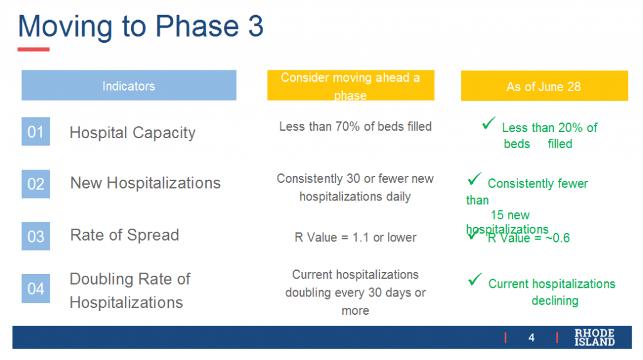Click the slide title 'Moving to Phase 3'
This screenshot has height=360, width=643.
[x=141, y=26]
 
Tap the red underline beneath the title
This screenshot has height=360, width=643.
[x=33, y=49]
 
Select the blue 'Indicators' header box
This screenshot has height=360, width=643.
[x=129, y=85]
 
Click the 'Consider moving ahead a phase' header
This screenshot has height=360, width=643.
[x=350, y=85]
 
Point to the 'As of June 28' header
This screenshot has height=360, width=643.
[x=544, y=87]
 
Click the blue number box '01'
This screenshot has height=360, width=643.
[x=36, y=132]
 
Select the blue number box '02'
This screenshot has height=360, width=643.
[x=36, y=183]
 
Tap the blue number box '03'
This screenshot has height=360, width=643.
[x=36, y=236]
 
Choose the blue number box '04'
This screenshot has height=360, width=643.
[x=36, y=289]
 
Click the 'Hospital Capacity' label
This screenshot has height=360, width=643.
[x=132, y=133]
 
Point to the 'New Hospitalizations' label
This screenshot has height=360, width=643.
[x=145, y=183]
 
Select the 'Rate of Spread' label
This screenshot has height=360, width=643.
[x=124, y=235]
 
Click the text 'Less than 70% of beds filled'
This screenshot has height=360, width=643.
[x=355, y=127]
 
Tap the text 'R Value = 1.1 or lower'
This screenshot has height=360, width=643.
[x=355, y=237]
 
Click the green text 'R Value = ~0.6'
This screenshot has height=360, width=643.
[x=528, y=238]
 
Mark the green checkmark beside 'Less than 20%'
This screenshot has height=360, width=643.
[x=489, y=124]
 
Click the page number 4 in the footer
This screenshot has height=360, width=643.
[x=531, y=338]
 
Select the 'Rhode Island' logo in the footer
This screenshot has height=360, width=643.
[x=594, y=337]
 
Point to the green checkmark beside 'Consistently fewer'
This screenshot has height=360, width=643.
[x=474, y=180]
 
